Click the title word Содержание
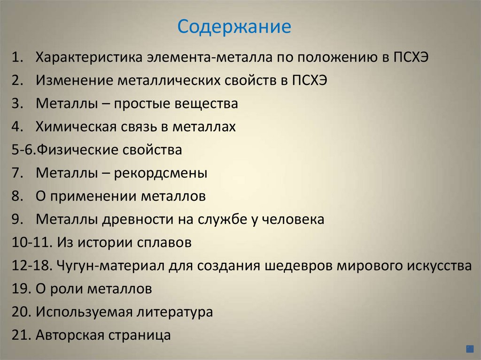[x=234, y=27]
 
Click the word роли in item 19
[x=64, y=289]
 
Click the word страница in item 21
[x=140, y=335]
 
